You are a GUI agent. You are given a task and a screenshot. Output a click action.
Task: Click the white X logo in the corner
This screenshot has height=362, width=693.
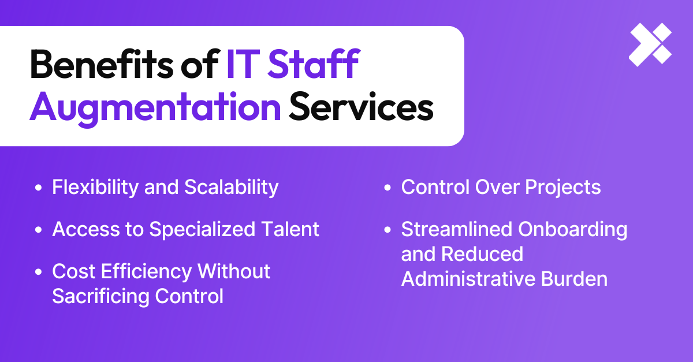click(x=650, y=45)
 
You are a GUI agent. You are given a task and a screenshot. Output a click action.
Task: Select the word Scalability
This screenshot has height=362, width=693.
click(x=231, y=187)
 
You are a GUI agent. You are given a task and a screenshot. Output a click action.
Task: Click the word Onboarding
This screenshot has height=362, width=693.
click(x=572, y=229)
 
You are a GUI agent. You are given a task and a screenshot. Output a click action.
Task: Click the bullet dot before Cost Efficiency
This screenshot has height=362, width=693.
click(x=39, y=272)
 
